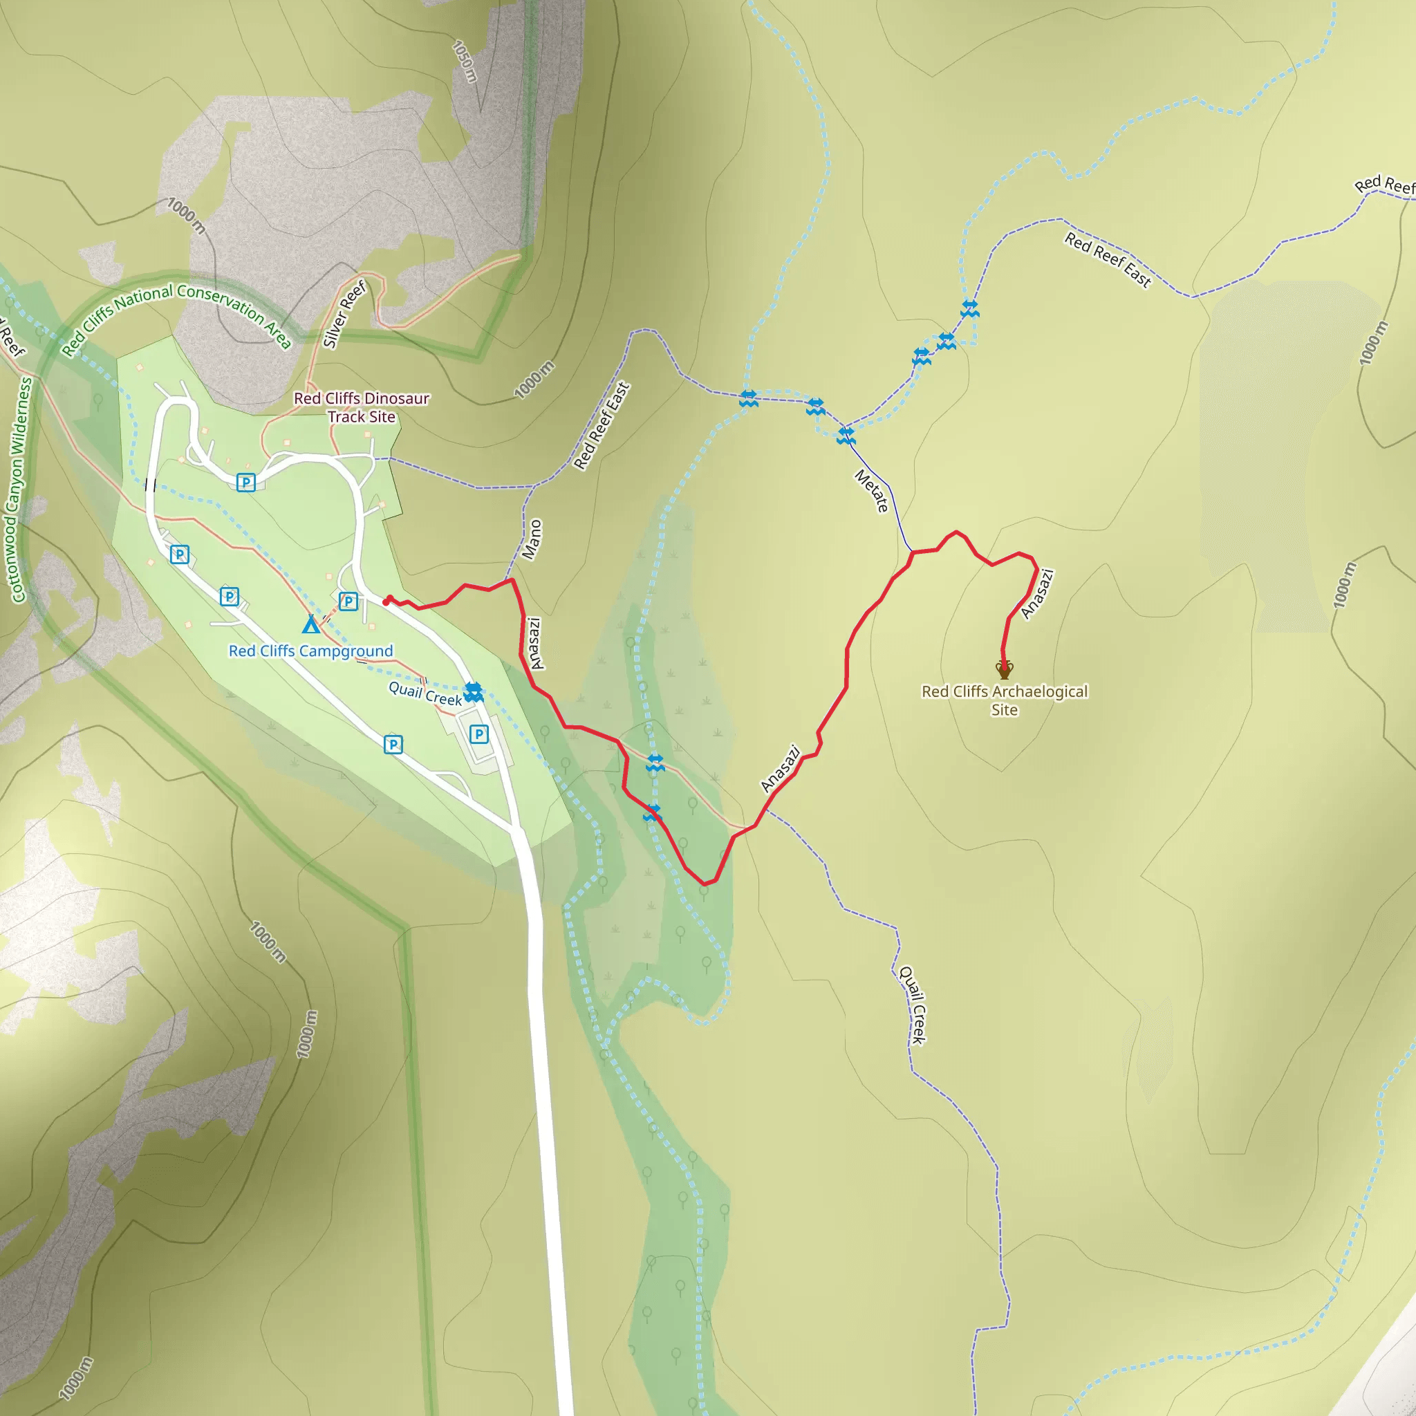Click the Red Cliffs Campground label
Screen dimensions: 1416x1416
tap(310, 651)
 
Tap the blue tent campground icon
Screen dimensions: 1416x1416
tap(310, 624)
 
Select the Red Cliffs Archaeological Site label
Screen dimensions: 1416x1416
tap(1004, 700)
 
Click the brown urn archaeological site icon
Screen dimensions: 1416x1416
tap(1004, 669)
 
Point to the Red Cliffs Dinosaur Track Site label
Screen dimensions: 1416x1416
tap(362, 407)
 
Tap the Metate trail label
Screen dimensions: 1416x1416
tap(871, 491)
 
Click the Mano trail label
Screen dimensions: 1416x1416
tap(533, 539)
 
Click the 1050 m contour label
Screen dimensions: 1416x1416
tap(465, 62)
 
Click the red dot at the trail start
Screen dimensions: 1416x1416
tap(387, 602)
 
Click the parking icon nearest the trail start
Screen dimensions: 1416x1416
tap(349, 602)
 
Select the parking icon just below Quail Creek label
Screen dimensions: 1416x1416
tap(478, 734)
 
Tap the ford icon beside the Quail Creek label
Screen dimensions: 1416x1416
tap(474, 692)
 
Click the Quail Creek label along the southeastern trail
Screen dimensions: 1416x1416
tap(913, 1005)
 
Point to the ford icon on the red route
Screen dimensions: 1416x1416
tap(651, 813)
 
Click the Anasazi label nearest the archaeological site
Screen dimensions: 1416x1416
tap(1037, 594)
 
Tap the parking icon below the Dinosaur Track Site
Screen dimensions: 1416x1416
tap(246, 483)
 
